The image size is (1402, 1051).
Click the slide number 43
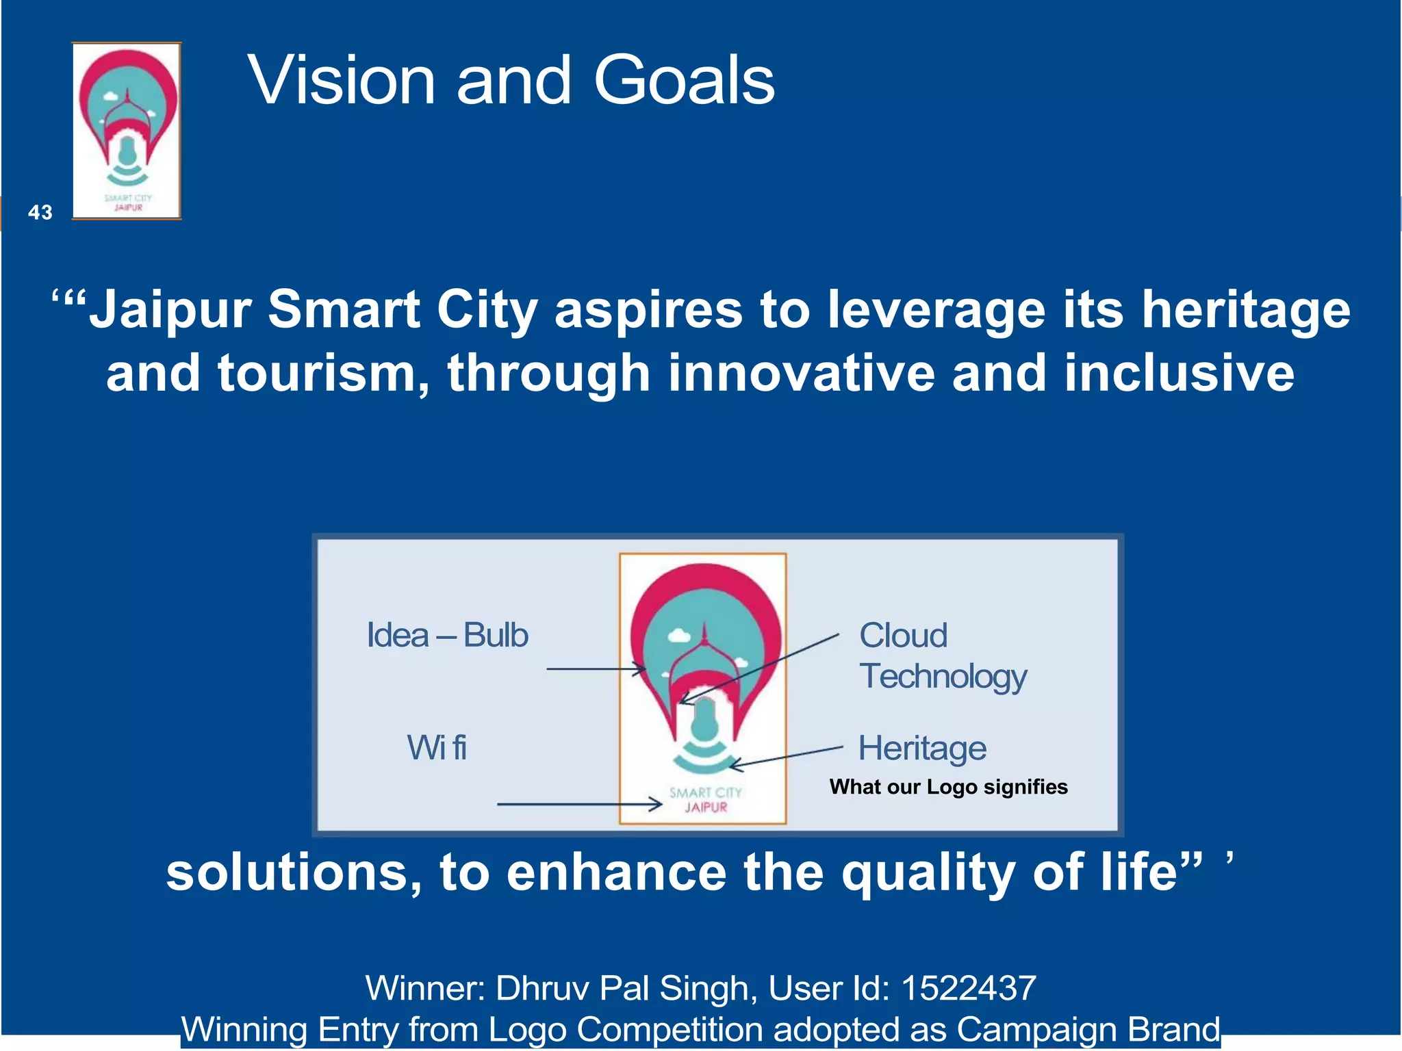coord(40,213)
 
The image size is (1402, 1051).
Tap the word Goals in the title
coord(684,81)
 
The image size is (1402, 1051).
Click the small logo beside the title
coord(127,131)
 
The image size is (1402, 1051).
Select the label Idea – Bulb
coord(447,635)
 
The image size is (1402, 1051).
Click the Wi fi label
coord(437,747)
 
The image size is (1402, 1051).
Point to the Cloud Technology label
coord(942,656)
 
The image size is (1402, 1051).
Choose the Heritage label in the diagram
coord(922,748)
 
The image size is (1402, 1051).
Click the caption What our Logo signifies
coord(948,787)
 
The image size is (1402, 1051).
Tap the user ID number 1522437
coord(968,988)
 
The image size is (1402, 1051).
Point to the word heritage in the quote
coord(1246,309)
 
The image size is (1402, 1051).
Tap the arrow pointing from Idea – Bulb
coord(596,669)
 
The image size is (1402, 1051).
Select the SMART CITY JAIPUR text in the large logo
coord(705,800)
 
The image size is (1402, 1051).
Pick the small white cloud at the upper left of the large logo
coord(678,636)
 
